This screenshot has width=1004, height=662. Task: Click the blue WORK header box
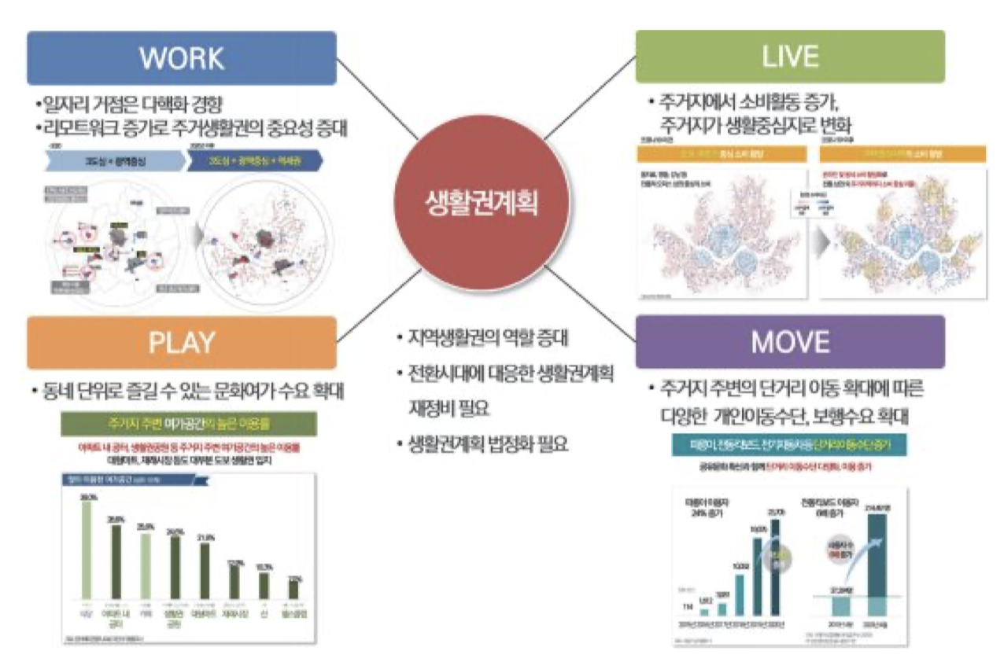click(181, 57)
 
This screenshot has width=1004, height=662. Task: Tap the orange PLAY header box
click(181, 342)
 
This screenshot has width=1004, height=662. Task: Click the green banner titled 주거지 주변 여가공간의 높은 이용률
click(188, 424)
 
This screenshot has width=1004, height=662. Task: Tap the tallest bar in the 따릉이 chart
click(777, 566)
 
